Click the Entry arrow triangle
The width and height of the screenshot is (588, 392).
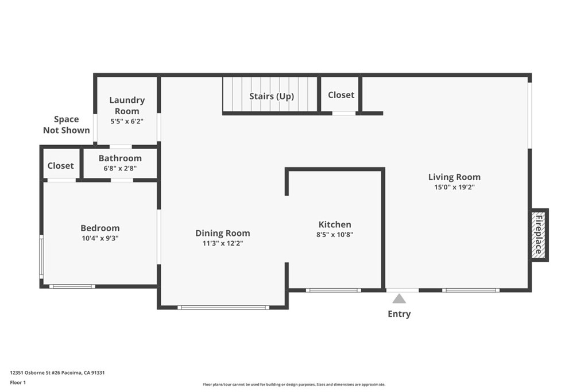(x=399, y=298)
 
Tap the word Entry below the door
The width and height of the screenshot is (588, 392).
(x=399, y=314)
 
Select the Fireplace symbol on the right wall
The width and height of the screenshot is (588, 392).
(x=539, y=235)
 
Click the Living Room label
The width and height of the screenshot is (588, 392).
(x=454, y=177)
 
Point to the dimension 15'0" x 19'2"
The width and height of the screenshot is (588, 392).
(x=454, y=187)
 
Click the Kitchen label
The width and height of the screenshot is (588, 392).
(x=335, y=224)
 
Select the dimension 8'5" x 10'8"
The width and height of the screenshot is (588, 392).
(x=335, y=234)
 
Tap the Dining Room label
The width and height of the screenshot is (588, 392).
(x=223, y=233)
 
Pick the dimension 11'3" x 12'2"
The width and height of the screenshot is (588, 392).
(x=223, y=243)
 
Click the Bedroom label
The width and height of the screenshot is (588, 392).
(x=100, y=228)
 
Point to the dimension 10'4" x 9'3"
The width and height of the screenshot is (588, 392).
(x=100, y=238)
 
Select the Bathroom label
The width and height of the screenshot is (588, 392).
(x=120, y=158)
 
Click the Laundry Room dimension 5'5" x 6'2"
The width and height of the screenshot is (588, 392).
(x=127, y=122)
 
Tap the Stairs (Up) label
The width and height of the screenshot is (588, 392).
(x=271, y=96)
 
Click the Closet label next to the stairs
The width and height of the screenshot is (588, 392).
(x=341, y=95)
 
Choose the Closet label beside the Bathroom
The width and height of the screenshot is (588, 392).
(x=60, y=165)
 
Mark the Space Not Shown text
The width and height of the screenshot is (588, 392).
(x=67, y=125)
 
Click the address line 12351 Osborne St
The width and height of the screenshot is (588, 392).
(x=57, y=372)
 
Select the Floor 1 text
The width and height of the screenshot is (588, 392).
(x=19, y=382)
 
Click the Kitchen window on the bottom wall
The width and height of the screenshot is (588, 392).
(x=334, y=290)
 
